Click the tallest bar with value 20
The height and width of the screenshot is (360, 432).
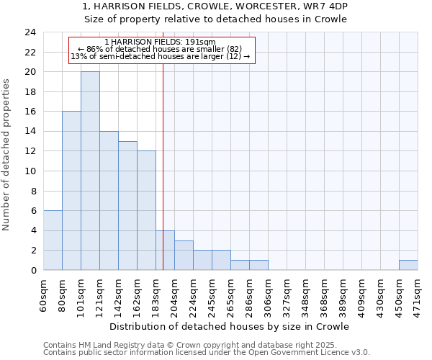[x=90, y=171]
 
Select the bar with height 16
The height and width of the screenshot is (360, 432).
[x=71, y=191]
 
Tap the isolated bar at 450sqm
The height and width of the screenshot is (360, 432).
[x=408, y=265]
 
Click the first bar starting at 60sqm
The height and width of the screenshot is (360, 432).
[x=53, y=240]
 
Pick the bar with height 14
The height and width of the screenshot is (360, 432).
[x=109, y=201]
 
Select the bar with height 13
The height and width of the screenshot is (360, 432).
[x=127, y=206]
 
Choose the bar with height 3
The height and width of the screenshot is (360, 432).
[x=184, y=256]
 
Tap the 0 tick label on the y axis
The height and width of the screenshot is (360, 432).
[x=33, y=271]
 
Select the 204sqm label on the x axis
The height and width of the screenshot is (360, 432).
[x=175, y=294]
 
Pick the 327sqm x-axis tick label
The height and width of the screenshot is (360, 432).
[x=287, y=294]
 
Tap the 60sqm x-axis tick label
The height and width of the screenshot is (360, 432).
[x=44, y=294]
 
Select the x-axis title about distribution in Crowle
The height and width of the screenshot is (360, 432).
[x=230, y=327]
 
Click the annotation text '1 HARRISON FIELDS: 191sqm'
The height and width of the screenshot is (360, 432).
[x=160, y=42]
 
